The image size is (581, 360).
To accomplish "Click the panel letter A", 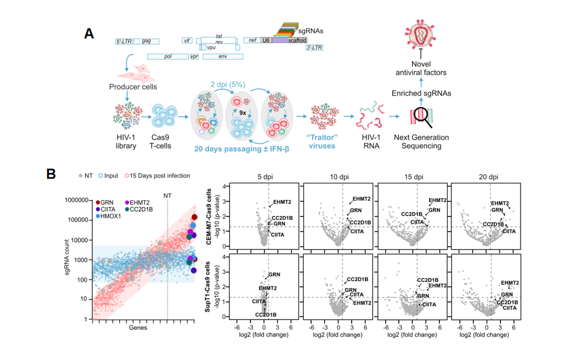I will coord(89,33).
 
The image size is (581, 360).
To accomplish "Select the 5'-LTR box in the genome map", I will coord(124,41).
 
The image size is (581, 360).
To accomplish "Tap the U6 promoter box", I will coord(266,40).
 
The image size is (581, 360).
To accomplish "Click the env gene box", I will coord(223,56).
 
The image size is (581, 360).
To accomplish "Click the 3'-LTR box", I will coord(314,48).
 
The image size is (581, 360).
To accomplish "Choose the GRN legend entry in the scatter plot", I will coord(107,202).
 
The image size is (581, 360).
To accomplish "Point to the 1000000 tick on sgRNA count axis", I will coord(75,200).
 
